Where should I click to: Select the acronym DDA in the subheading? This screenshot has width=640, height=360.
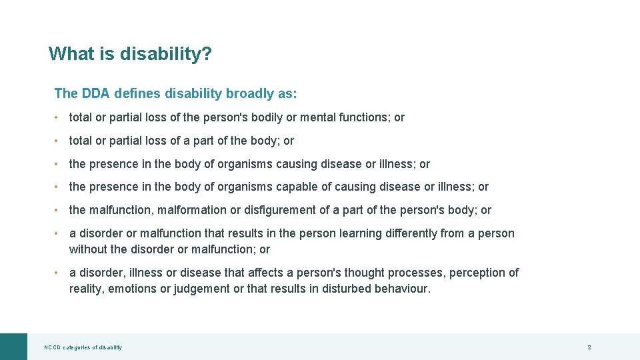(x=95, y=93)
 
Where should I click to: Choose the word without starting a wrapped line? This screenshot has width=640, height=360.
(x=89, y=249)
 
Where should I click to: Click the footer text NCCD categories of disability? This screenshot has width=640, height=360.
(x=83, y=347)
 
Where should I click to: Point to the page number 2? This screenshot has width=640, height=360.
(x=589, y=347)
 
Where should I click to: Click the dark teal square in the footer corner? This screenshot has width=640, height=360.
(x=13, y=347)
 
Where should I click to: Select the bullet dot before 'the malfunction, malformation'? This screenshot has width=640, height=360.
(x=58, y=210)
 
